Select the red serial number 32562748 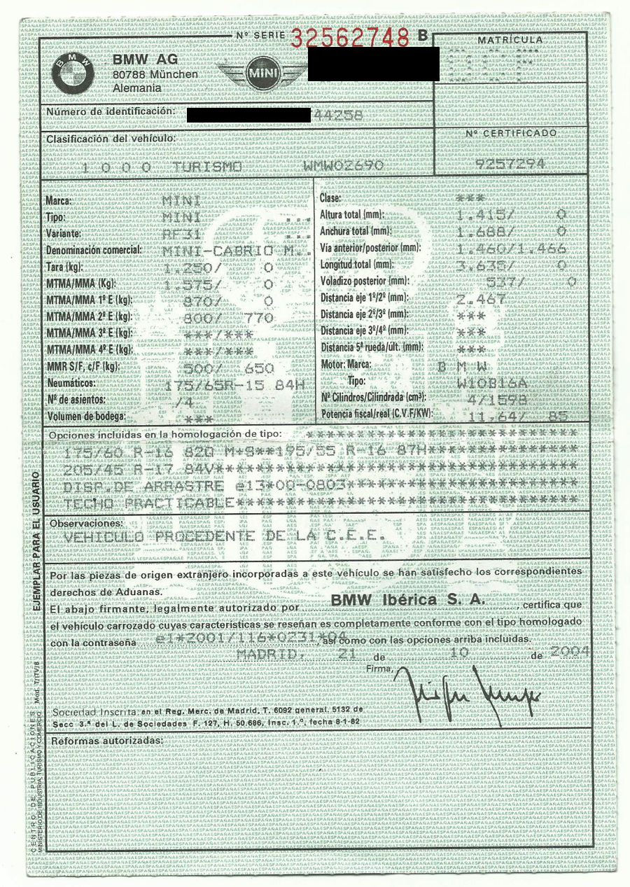point(350,37)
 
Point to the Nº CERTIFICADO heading point(512,133)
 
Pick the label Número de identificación point(109,112)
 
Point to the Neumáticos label point(71,384)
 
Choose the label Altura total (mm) point(351,214)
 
